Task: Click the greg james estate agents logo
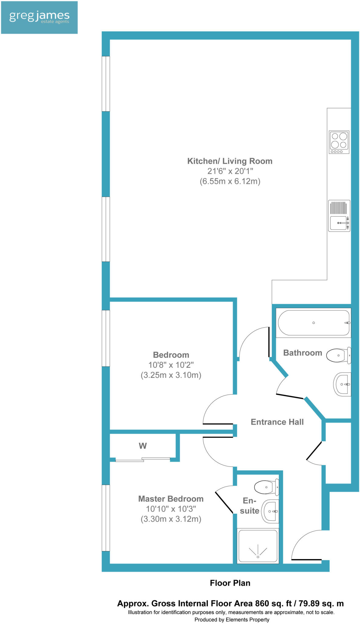pyautogui.click(x=39, y=17)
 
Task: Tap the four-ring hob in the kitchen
pyautogui.click(x=339, y=142)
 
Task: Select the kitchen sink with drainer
pyautogui.click(x=339, y=216)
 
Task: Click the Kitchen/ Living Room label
pyautogui.click(x=230, y=161)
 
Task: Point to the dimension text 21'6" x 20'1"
pyautogui.click(x=230, y=171)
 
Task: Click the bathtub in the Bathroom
pyautogui.click(x=313, y=323)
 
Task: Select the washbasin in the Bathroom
pyautogui.click(x=342, y=384)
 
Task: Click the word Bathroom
pyautogui.click(x=302, y=353)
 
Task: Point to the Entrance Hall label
pyautogui.click(x=277, y=422)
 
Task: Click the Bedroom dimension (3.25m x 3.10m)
pyautogui.click(x=171, y=375)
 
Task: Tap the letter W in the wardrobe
pyautogui.click(x=143, y=446)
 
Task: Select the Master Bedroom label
pyautogui.click(x=171, y=499)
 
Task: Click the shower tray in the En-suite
pyautogui.click(x=258, y=546)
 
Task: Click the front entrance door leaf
pyautogui.click(x=306, y=559)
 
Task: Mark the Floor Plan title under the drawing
pyautogui.click(x=230, y=583)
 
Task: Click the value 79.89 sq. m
pyautogui.click(x=321, y=603)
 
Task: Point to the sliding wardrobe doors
pyautogui.click(x=143, y=459)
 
